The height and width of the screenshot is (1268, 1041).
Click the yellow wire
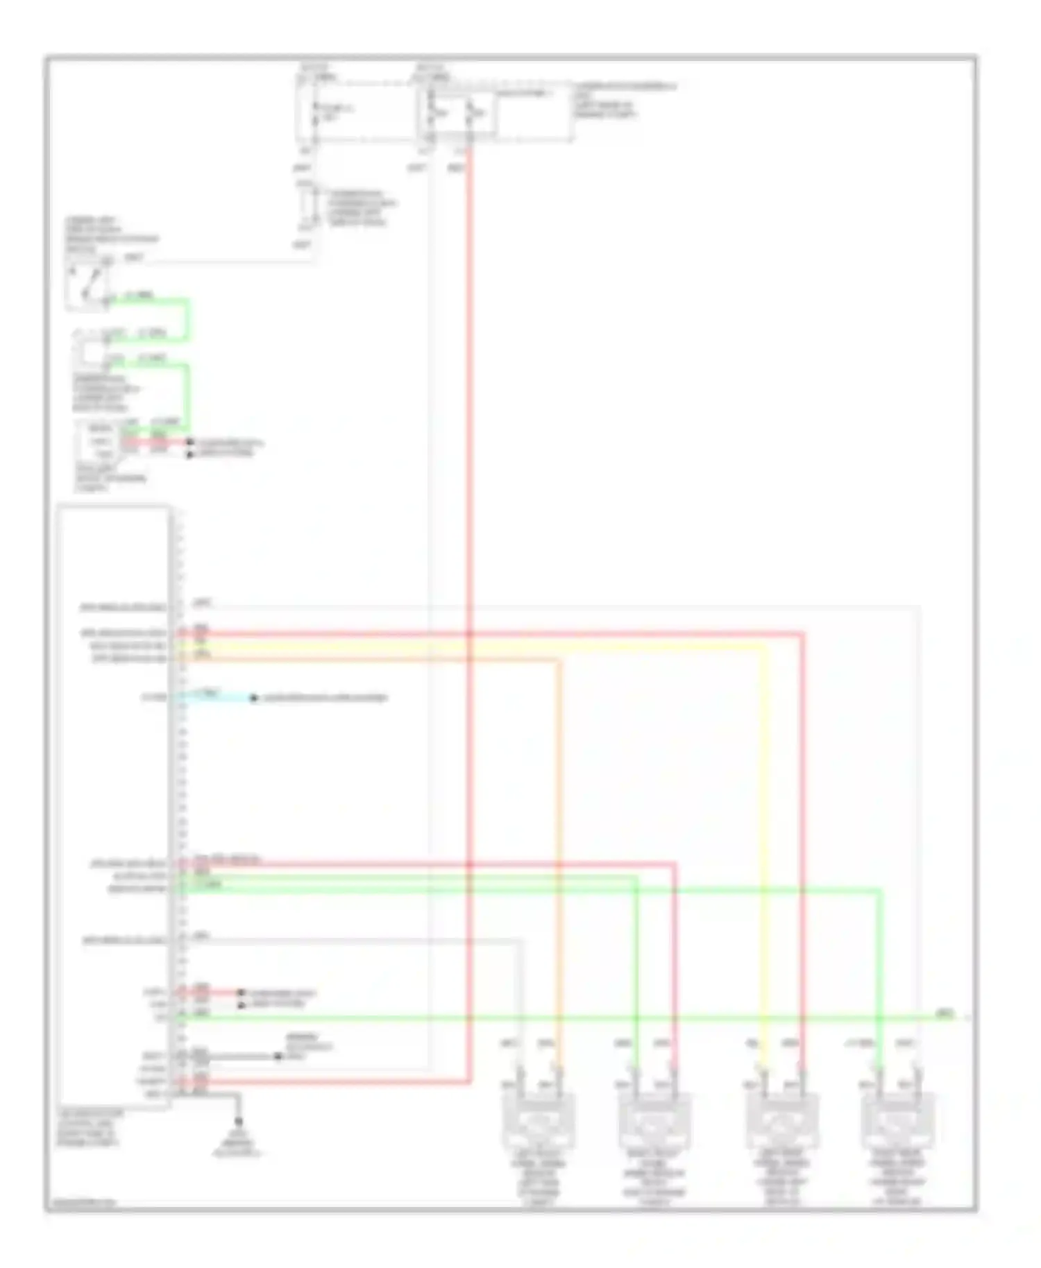tap(764, 832)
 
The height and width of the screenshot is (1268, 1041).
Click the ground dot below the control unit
tap(239, 1122)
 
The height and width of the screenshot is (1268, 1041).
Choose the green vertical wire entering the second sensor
tap(636, 971)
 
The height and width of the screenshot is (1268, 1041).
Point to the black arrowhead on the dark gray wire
tap(278, 1056)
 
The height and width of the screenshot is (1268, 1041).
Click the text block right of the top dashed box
tap(624, 100)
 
